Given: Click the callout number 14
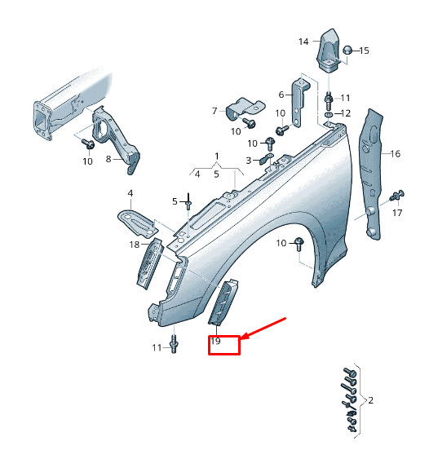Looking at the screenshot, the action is (303, 42).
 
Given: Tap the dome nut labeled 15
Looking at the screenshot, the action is (347, 50).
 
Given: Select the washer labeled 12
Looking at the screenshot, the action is (329, 114).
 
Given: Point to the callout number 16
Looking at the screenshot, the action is (396, 154).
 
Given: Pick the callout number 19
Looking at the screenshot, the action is (215, 342).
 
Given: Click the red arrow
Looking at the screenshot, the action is (263, 329).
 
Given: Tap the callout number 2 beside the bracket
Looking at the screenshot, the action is (370, 400).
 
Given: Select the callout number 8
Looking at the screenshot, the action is (108, 159).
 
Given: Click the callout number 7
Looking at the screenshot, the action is (214, 111).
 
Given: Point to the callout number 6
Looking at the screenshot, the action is (281, 95).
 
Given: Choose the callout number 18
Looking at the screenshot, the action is (135, 245).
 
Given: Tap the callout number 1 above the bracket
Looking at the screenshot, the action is (217, 157).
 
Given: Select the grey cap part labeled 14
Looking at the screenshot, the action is (329, 51).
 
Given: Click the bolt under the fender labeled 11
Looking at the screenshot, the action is (174, 343).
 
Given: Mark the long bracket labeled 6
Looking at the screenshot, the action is (299, 102).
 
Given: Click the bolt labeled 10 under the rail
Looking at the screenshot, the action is (87, 143).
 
